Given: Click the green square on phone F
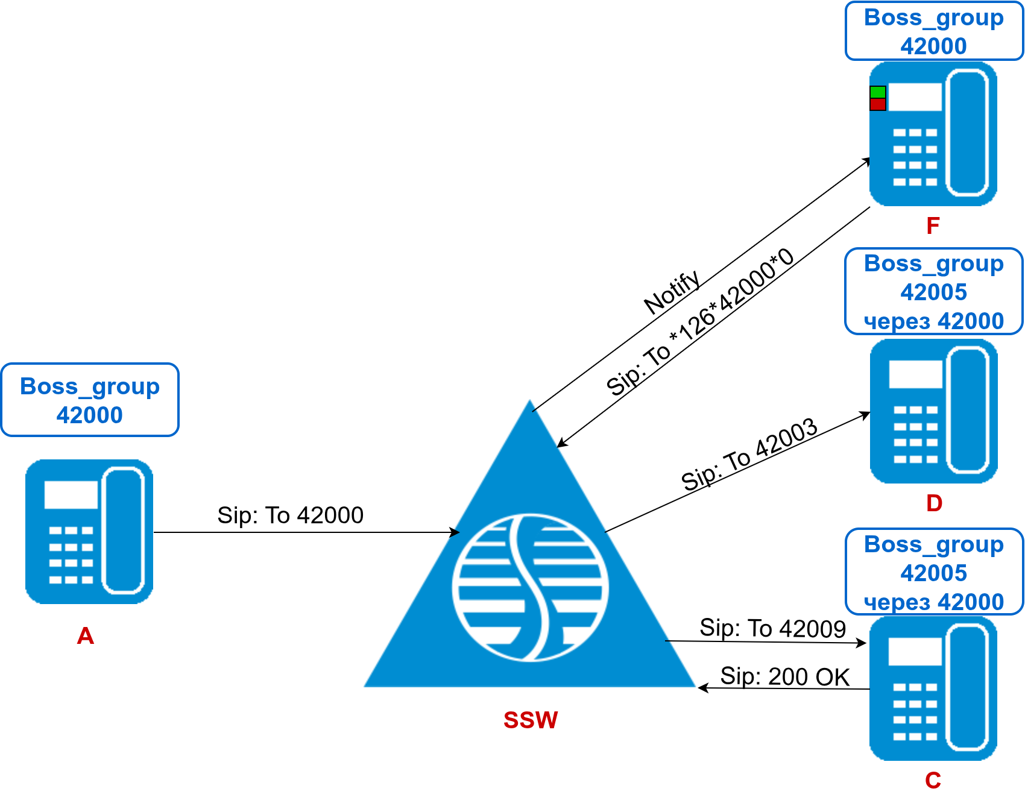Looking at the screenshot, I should pos(878,92).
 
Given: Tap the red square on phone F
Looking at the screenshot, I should pos(878,105).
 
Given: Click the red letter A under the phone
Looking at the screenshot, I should pos(86,636).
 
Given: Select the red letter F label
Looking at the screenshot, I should pos(933,226).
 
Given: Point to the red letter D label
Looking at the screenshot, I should pos(934,503).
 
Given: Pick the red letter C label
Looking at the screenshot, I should pos(933,781).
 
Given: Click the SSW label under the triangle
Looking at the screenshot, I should pos(531,720).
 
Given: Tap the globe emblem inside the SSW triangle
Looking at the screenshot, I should pos(530,588).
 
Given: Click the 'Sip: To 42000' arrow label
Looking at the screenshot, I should pos(290,515).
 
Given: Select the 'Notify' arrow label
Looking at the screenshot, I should pos(672,293).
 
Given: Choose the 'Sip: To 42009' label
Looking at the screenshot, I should pos(772,628).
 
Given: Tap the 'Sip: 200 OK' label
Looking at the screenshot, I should pos(785,676).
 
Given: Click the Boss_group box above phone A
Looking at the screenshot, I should pos(90,400).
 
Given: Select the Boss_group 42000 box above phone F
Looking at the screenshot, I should pos(934,31).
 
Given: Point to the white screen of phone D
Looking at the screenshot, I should pos(915,374).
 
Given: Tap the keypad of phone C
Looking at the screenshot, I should pos(915,711).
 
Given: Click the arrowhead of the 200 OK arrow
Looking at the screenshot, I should pos(701,687).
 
